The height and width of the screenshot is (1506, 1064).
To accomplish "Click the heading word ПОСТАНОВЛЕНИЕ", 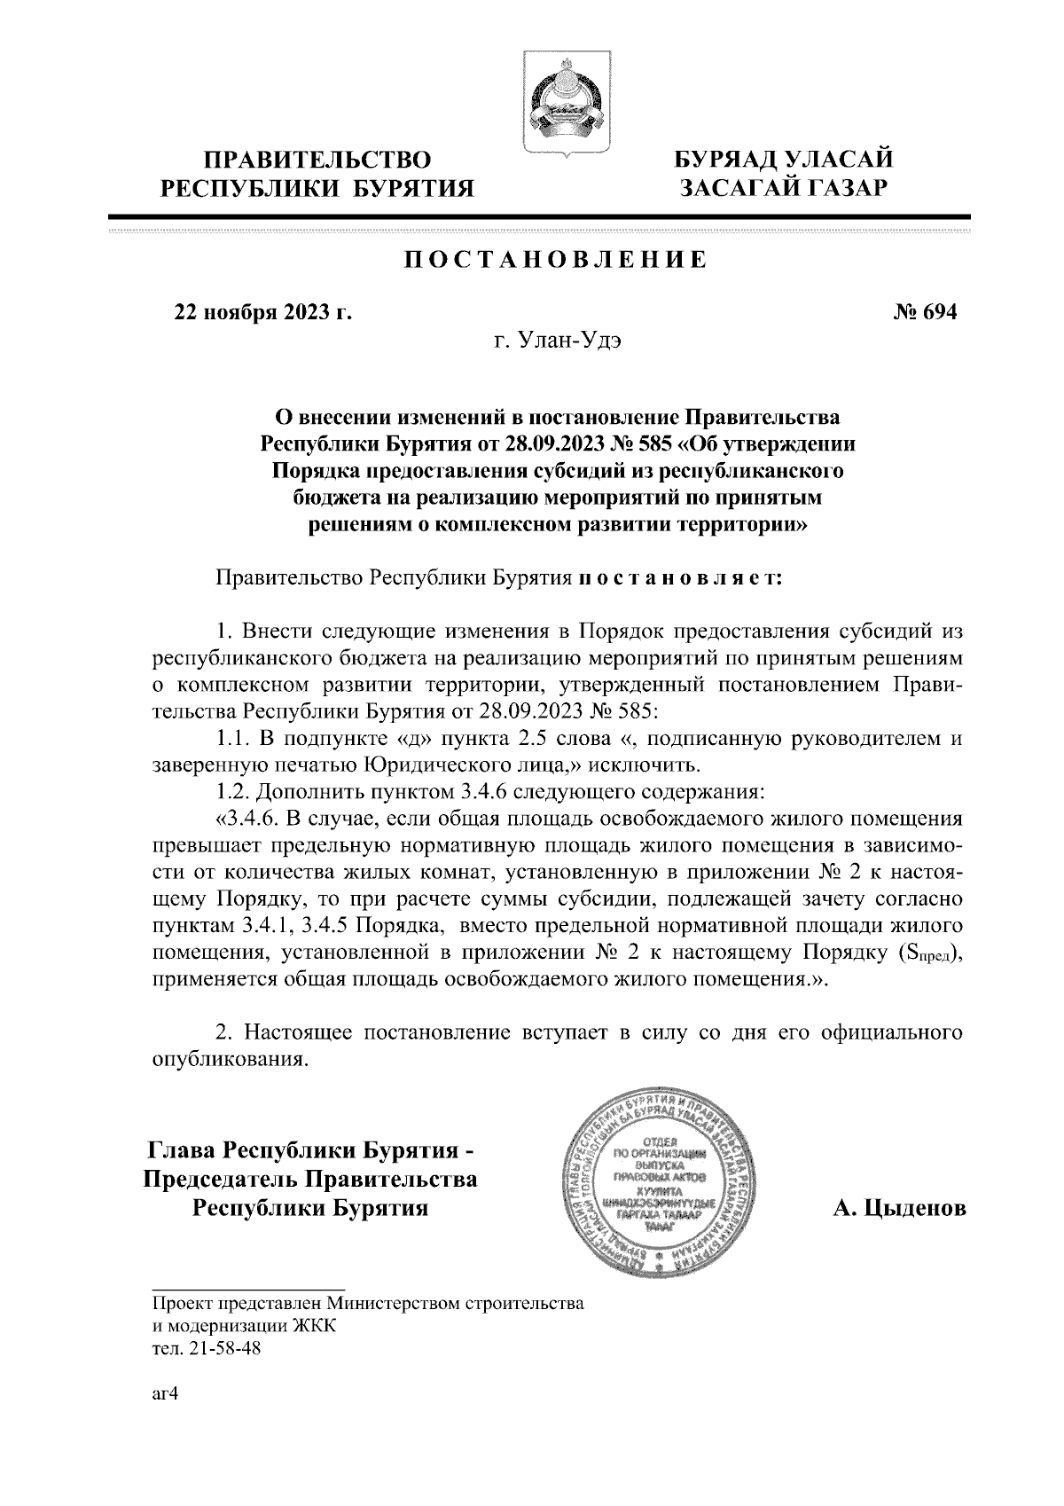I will (556, 260).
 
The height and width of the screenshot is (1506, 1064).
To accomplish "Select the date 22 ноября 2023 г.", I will (263, 312).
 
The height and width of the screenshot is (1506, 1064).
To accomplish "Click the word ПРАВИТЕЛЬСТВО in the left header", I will (317, 160).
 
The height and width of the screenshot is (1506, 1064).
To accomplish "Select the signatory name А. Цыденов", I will (899, 1209).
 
